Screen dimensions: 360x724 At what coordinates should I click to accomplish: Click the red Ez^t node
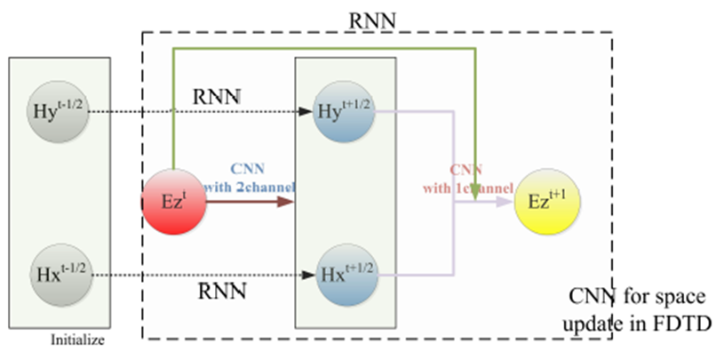(x=173, y=202)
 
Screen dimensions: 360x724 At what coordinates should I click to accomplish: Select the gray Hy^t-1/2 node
(x=58, y=111)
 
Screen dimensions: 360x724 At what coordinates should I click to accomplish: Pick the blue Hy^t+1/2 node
(x=346, y=111)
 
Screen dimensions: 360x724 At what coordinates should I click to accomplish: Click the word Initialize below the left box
(x=77, y=340)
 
